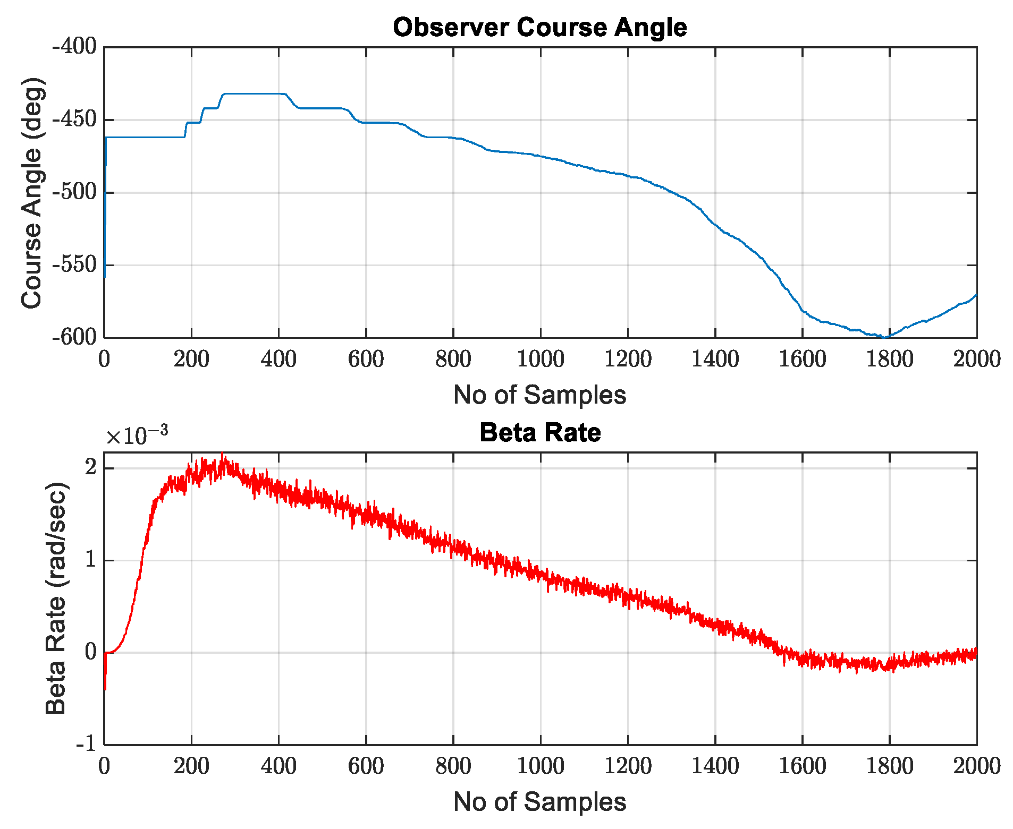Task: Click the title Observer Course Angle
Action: (539, 27)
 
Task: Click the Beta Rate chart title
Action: (539, 432)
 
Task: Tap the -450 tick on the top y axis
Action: (74, 119)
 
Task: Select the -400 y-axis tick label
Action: (74, 47)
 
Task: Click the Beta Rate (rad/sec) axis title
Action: (56, 599)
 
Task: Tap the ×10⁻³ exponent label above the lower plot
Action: (137, 435)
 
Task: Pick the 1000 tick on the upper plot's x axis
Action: (541, 360)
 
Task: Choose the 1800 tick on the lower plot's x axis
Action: (889, 766)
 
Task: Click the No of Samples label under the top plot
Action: (539, 395)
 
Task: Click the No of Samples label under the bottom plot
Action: (539, 801)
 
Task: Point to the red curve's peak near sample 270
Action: (223, 456)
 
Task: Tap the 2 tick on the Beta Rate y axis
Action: (91, 468)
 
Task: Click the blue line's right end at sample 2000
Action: (976, 295)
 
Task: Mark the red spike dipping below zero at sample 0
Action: (105, 688)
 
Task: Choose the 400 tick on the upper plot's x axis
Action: (278, 360)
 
